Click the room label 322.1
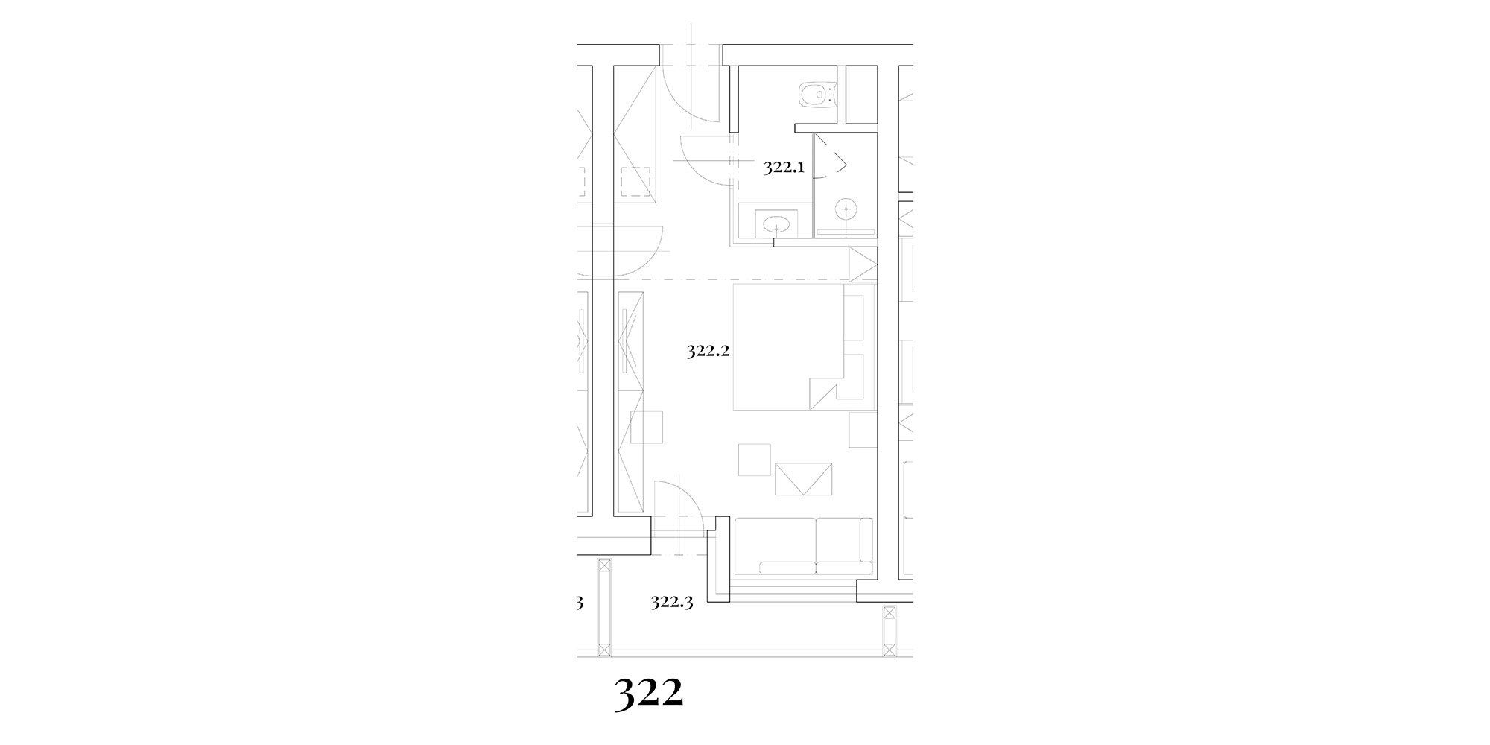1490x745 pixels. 784,168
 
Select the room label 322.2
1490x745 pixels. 707,352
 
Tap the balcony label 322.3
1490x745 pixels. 672,602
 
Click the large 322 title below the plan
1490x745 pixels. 649,694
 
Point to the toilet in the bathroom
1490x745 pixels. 818,94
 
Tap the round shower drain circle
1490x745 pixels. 846,209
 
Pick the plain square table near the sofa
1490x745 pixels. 754,460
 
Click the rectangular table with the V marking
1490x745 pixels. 804,479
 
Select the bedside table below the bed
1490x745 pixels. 863,430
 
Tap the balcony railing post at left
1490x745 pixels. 603,607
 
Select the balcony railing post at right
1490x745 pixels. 888,632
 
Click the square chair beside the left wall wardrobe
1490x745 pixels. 646,428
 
